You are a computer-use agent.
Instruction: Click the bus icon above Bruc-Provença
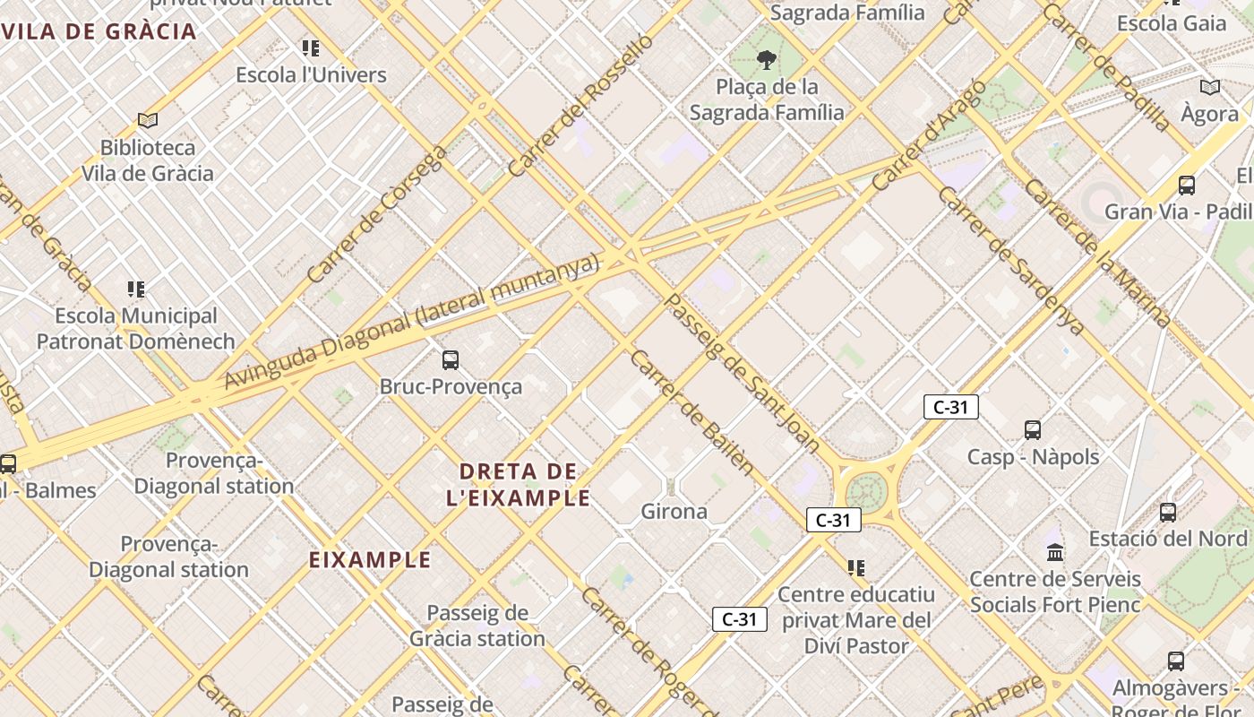pyautogui.click(x=451, y=360)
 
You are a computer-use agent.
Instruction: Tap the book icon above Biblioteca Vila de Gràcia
pyautogui.click(x=148, y=120)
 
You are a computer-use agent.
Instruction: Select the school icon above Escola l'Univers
pyautogui.click(x=311, y=48)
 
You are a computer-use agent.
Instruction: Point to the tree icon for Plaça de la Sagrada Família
pyautogui.click(x=766, y=60)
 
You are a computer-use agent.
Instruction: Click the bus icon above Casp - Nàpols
pyautogui.click(x=1033, y=430)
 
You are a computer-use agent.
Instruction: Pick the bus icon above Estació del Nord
pyautogui.click(x=1168, y=513)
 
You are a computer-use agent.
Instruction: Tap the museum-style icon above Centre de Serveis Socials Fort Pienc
pyautogui.click(x=1055, y=552)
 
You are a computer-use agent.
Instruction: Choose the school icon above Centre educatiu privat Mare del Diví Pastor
pyautogui.click(x=856, y=567)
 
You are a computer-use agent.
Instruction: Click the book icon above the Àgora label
pyautogui.click(x=1210, y=88)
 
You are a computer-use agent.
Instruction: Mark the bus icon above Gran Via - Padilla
pyautogui.click(x=1187, y=186)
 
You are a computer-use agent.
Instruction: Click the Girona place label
pyautogui.click(x=674, y=512)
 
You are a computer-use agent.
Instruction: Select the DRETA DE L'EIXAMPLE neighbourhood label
pyautogui.click(x=518, y=484)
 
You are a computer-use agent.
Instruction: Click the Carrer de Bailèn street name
pyautogui.click(x=691, y=411)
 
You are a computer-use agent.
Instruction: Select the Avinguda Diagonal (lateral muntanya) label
pyautogui.click(x=410, y=324)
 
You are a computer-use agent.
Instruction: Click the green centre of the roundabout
pyautogui.click(x=865, y=491)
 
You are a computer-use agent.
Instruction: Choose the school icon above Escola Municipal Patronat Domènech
pyautogui.click(x=136, y=289)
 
